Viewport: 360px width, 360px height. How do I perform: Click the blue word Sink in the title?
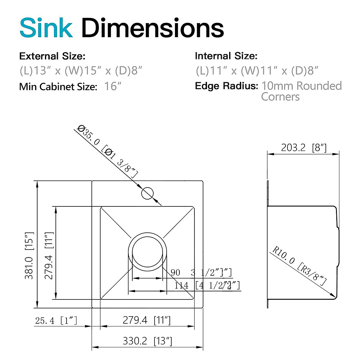click(46, 28)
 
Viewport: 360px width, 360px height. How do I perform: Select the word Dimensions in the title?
click(152, 28)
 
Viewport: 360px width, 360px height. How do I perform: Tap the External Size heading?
click(52, 56)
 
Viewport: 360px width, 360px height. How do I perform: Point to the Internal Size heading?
click(226, 56)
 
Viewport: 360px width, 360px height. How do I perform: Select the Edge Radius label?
click(226, 86)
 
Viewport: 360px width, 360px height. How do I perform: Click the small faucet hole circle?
click(147, 193)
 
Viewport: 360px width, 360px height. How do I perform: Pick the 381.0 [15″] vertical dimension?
click(29, 255)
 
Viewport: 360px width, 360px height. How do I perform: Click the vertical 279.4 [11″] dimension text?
click(49, 255)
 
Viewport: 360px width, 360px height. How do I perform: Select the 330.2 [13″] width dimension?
click(147, 341)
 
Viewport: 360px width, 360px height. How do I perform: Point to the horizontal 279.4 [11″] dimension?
click(147, 320)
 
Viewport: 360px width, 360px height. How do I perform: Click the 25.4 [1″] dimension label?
click(56, 321)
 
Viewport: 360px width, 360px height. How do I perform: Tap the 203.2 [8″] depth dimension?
click(304, 148)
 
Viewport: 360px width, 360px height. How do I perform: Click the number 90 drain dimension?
click(175, 272)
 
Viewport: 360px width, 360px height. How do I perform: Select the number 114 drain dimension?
click(181, 285)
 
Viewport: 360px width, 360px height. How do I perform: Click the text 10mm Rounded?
click(301, 86)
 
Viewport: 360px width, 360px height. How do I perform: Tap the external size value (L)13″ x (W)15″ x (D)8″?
click(81, 71)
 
